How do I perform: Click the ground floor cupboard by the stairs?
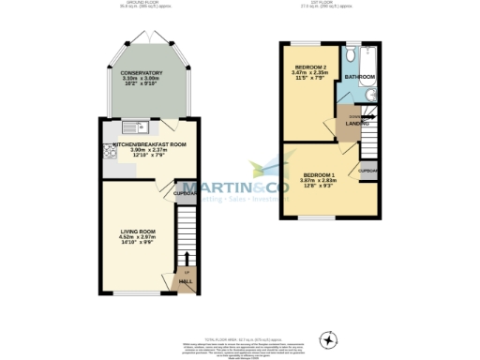pyautogui.click(x=185, y=194)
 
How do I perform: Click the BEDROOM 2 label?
pyautogui.click(x=309, y=67)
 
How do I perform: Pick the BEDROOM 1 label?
pyautogui.click(x=318, y=175)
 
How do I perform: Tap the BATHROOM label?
pyautogui.click(x=359, y=76)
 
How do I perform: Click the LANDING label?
pyautogui.click(x=355, y=123)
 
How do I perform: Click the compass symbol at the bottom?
pyautogui.click(x=327, y=337)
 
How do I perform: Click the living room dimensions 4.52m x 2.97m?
pyautogui.click(x=137, y=237)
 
